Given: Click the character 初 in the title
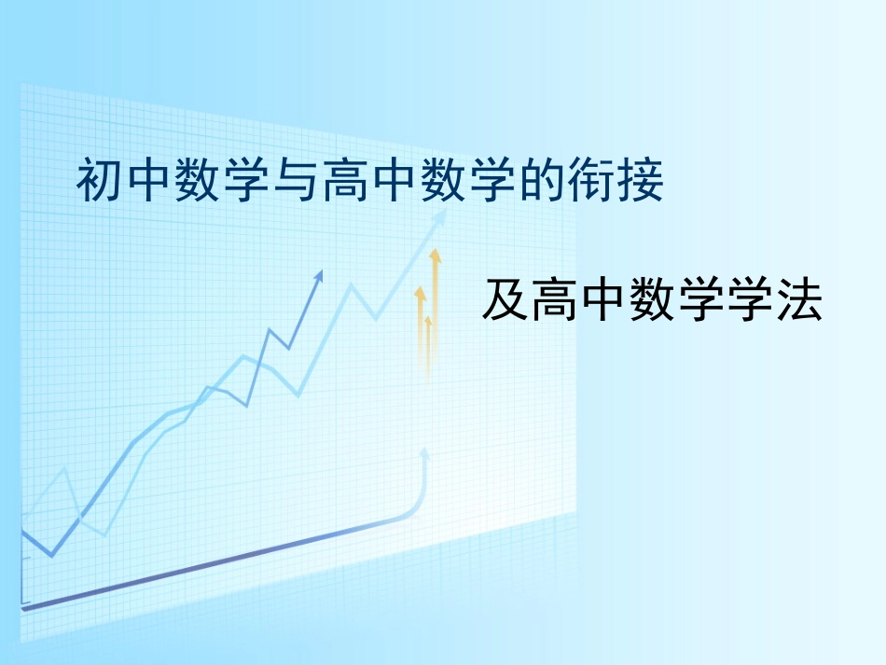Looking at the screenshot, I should click(x=100, y=182).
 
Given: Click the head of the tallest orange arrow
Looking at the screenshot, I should click(x=434, y=254).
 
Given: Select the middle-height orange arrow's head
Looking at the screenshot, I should click(x=420, y=293).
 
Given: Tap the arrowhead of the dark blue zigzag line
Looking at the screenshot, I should click(x=320, y=274).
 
